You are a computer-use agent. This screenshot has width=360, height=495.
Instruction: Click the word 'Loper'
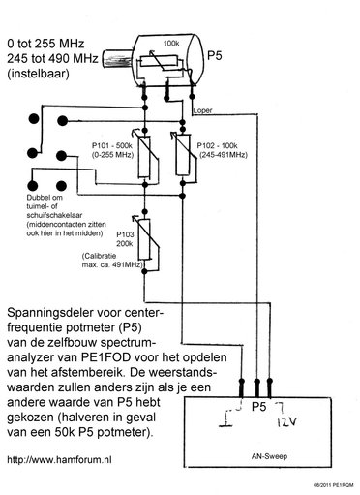click(x=203, y=110)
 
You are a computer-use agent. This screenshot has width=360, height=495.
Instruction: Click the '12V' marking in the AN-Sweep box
click(x=286, y=423)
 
